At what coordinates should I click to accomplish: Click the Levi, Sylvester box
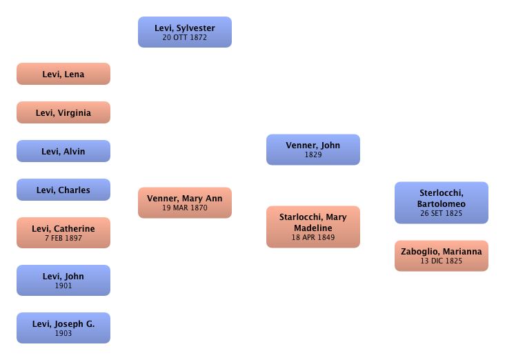point(185,32)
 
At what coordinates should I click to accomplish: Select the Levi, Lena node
point(63,74)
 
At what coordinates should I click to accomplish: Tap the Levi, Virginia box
point(63,112)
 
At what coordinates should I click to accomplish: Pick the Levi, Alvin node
point(63,151)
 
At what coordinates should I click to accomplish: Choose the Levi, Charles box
point(63,190)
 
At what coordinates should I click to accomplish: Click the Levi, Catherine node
point(63,232)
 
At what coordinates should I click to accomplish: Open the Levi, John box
point(63,280)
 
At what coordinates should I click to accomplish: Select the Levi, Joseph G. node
point(63,328)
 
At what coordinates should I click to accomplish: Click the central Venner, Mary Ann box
point(185,202)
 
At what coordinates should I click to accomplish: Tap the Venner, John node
point(313,150)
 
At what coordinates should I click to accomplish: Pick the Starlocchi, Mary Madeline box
point(313,227)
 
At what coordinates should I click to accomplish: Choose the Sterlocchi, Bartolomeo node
point(442,203)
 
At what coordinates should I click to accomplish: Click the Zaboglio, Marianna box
point(442,256)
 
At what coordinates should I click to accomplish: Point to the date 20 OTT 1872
point(185,37)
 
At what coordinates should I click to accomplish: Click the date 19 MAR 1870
point(185,208)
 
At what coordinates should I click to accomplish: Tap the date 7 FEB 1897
point(63,238)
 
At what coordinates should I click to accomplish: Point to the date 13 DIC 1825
point(442,261)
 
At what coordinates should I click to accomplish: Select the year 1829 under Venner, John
point(313,155)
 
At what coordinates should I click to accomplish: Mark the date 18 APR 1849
point(313,237)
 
